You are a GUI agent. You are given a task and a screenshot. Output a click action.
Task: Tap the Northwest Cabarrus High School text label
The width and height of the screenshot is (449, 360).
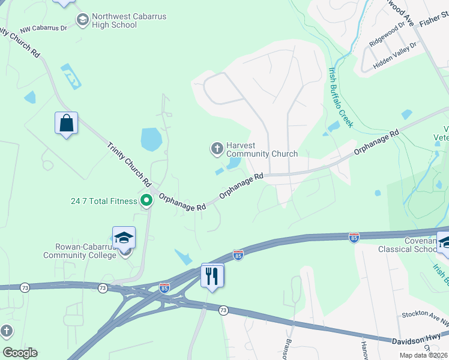coord(129,21)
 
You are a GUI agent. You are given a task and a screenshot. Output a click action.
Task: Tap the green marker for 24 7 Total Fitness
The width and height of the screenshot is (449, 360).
coord(145,201)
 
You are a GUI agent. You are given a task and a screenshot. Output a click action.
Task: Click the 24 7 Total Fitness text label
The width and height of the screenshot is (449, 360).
coord(103,201)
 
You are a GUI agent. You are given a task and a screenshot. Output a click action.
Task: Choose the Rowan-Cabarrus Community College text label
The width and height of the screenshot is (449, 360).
coord(79,251)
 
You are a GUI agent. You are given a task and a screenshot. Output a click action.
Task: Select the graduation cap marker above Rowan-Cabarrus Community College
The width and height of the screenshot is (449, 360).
coord(124,238)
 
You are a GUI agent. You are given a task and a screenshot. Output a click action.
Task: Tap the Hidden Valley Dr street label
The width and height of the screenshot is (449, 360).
coord(395,55)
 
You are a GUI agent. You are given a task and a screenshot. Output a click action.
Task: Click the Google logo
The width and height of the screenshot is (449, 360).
coord(20,353)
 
